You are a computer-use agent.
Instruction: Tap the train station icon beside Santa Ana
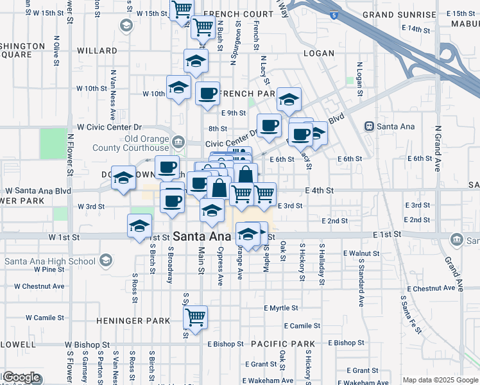point(369,126)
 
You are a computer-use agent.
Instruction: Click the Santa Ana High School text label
point(50,261)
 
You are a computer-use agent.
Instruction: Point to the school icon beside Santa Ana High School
point(105,261)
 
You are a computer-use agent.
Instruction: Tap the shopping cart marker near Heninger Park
point(196,317)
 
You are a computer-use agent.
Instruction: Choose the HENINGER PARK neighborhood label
point(133,321)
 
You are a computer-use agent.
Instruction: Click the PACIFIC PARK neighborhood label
point(283,345)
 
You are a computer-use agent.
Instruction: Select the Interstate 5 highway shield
point(332,14)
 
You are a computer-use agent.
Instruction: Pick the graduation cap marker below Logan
point(289,99)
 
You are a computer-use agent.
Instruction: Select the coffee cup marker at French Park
point(207,93)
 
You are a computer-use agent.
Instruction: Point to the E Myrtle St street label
point(282,308)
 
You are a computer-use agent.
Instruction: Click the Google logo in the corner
point(21,378)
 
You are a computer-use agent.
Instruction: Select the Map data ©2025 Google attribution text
point(440,380)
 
